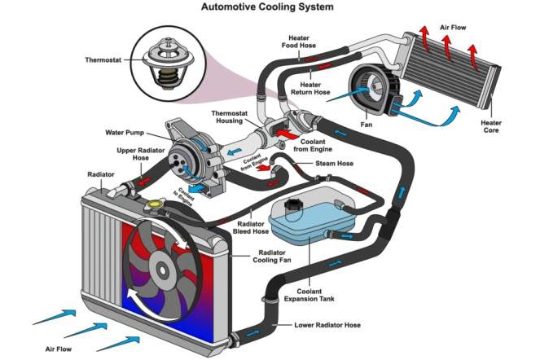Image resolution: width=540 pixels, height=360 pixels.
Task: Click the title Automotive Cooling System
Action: click(269, 7)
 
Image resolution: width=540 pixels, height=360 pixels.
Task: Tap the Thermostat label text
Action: click(105, 59)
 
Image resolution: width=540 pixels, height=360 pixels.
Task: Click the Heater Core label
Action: click(514, 128)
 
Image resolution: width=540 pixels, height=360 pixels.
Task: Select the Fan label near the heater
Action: click(367, 125)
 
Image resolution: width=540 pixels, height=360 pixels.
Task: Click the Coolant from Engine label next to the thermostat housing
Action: click(319, 144)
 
